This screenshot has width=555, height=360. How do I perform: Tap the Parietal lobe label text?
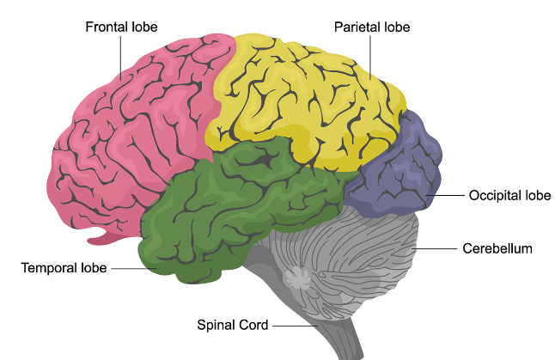pos(372,27)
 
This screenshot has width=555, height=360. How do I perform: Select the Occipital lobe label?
pos(509,196)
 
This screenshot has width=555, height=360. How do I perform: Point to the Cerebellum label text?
pos(497,249)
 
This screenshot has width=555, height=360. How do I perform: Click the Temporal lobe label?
pos(64,268)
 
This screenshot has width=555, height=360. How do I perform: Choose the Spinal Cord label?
pos(233,325)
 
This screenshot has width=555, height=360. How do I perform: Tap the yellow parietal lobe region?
pos(301,95)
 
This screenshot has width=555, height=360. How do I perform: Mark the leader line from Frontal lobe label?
pos(120,52)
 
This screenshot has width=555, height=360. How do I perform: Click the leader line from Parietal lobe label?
pos(372,56)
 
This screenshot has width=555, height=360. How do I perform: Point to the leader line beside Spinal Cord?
pos(296,325)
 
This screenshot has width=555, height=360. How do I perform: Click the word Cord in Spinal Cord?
pos(255,325)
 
